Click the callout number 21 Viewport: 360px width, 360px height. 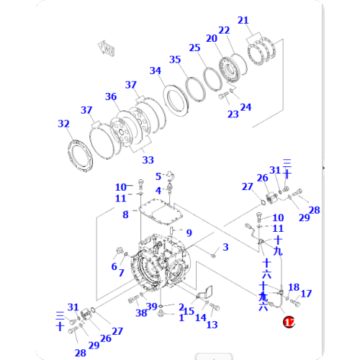[243, 20]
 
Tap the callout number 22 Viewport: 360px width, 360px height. [224, 30]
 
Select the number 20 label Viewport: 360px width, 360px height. [211, 38]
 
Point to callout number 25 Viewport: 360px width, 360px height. [194, 48]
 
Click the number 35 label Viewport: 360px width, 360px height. [175, 60]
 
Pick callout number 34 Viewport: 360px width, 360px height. [156, 71]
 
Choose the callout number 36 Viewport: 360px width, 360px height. [110, 97]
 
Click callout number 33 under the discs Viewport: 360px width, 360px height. [148, 159]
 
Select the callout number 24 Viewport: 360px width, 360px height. [246, 107]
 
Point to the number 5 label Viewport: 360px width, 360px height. [158, 176]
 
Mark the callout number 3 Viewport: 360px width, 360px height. [225, 248]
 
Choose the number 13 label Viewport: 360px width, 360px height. [212, 325]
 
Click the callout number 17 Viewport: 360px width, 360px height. [306, 293]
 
